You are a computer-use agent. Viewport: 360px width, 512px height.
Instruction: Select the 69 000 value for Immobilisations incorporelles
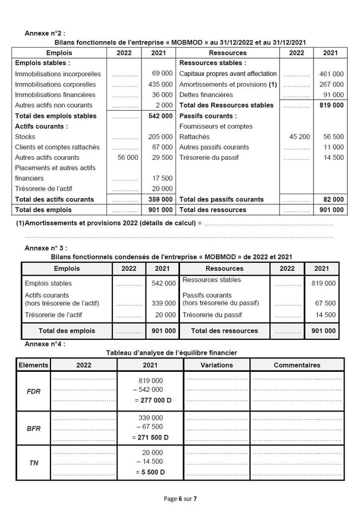point(162,74)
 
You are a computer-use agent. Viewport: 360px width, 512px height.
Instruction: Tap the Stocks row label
point(25,137)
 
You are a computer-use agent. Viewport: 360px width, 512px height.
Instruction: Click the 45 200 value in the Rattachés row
point(299,137)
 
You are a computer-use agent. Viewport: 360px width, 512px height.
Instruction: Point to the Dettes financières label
point(206,95)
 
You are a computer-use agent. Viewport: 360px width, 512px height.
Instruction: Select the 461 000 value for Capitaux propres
point(331,74)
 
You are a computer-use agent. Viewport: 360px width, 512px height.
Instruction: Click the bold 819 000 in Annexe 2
point(331,105)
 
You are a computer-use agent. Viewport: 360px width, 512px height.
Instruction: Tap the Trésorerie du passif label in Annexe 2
point(209,157)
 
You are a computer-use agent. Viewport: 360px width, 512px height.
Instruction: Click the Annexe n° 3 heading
point(45,248)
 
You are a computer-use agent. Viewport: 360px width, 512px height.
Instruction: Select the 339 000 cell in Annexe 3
point(163,303)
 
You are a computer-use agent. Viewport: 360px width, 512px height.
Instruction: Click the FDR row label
point(33,391)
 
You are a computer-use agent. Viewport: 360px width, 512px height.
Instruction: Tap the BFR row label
point(33,428)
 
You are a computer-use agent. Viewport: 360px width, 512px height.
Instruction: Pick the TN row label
point(33,463)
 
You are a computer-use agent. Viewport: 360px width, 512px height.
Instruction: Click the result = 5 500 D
point(150,472)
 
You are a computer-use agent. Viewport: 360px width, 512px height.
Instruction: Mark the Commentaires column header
point(296,365)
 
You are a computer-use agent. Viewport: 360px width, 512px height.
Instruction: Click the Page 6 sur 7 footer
point(180,498)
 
